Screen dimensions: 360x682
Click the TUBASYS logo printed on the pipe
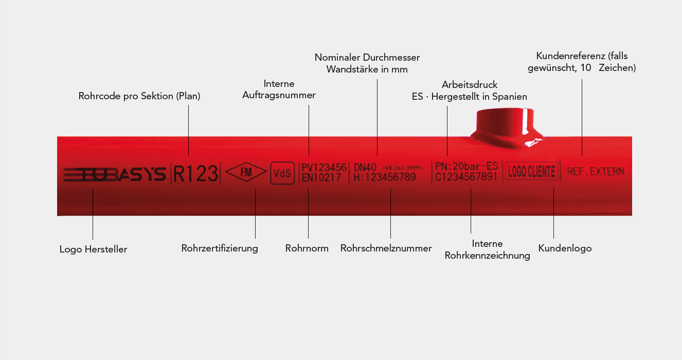[x=114, y=174]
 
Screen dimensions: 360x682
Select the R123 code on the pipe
[x=195, y=173]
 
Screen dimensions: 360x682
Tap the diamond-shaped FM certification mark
[x=247, y=172]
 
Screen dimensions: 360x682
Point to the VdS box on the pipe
[x=282, y=173]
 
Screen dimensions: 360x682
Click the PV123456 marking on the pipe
[x=324, y=167]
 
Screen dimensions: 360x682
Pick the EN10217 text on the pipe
[x=320, y=177]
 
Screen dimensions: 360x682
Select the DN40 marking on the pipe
[x=366, y=167]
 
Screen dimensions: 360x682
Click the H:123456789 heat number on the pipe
[x=385, y=177]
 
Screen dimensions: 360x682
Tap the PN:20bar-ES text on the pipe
[x=466, y=166]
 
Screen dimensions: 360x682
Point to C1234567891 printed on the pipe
[x=466, y=177]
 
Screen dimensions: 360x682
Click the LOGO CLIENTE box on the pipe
[x=532, y=172]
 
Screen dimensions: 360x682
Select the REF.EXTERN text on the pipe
[x=596, y=171]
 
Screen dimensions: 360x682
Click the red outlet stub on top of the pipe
[x=504, y=126]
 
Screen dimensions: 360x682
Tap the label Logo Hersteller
[x=93, y=249]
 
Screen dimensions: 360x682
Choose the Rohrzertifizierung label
[x=220, y=248]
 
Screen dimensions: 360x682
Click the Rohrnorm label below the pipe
[x=307, y=248]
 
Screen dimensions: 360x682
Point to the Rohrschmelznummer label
[x=386, y=248]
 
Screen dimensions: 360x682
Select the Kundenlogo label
[x=565, y=248]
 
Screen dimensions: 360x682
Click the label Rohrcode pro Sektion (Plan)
[x=139, y=96]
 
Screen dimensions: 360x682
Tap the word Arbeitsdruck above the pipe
[x=470, y=84]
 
